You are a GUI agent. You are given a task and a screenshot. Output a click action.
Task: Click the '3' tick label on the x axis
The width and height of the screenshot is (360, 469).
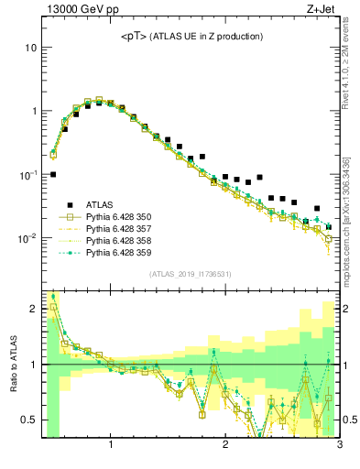339,446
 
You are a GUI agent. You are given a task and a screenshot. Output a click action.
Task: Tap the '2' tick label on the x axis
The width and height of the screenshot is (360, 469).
225,446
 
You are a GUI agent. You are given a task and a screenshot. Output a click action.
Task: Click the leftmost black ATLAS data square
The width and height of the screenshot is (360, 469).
53,174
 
